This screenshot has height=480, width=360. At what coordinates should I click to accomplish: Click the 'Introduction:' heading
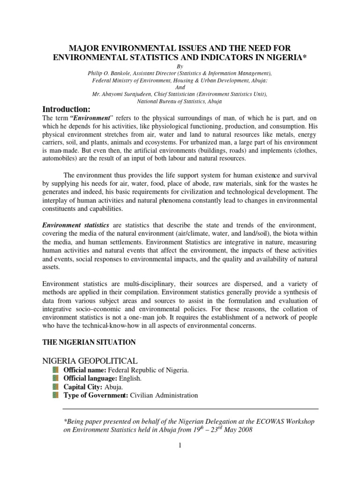(70, 109)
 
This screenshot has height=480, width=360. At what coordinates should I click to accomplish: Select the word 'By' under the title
(180, 67)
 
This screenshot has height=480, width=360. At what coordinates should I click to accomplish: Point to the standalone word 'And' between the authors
(180, 87)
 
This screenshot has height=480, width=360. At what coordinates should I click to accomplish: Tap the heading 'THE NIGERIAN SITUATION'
(89, 343)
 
